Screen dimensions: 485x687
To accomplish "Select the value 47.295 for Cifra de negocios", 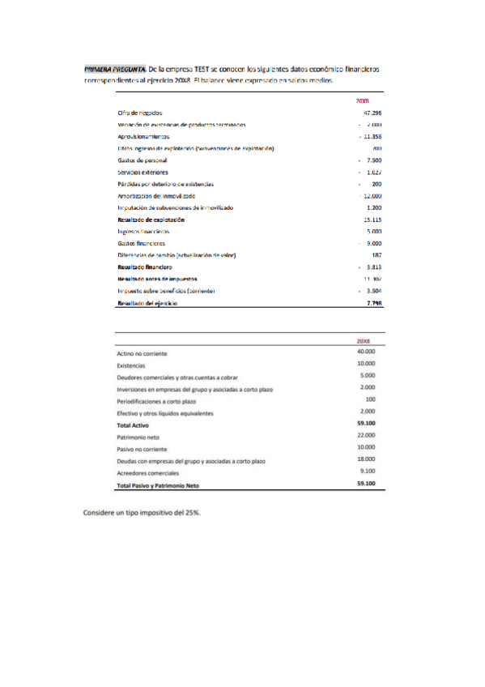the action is (372, 113).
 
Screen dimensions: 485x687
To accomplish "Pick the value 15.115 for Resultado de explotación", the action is (372, 220).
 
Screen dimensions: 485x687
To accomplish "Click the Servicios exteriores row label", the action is (143, 173).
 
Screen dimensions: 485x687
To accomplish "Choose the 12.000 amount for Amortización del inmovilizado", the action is (372, 196).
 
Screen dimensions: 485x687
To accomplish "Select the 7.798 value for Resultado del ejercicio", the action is (374, 302).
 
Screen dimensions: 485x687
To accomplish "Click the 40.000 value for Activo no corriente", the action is (366, 352).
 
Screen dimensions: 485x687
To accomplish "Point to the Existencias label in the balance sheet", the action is (131, 366).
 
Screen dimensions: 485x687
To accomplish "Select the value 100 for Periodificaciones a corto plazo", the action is (370, 399).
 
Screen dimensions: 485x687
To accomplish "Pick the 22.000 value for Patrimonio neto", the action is (366, 435).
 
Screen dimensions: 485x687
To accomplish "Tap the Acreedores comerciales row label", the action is (147, 472).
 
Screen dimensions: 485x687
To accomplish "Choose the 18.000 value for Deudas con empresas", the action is (366, 459).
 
